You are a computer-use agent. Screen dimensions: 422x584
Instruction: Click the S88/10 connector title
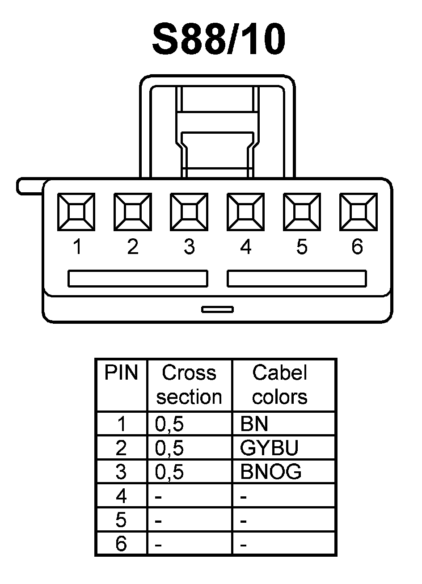[219, 40]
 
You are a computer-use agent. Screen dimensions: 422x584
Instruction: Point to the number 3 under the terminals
[189, 247]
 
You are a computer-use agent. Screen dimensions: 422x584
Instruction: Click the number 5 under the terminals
[302, 247]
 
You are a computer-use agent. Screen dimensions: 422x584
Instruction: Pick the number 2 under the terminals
[133, 247]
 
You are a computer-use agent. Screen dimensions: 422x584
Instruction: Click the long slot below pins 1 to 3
[138, 278]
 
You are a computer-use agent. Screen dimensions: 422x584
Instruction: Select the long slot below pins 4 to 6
[297, 278]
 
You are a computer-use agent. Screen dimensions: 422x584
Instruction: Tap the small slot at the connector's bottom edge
[217, 309]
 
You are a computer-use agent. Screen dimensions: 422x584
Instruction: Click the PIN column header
[121, 373]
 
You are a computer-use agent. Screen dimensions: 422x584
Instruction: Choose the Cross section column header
[189, 385]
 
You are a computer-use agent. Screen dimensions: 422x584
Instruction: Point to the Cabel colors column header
[280, 385]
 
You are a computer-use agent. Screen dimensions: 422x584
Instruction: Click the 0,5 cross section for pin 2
[169, 448]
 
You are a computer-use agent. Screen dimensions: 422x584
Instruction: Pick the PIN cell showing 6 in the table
[121, 544]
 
